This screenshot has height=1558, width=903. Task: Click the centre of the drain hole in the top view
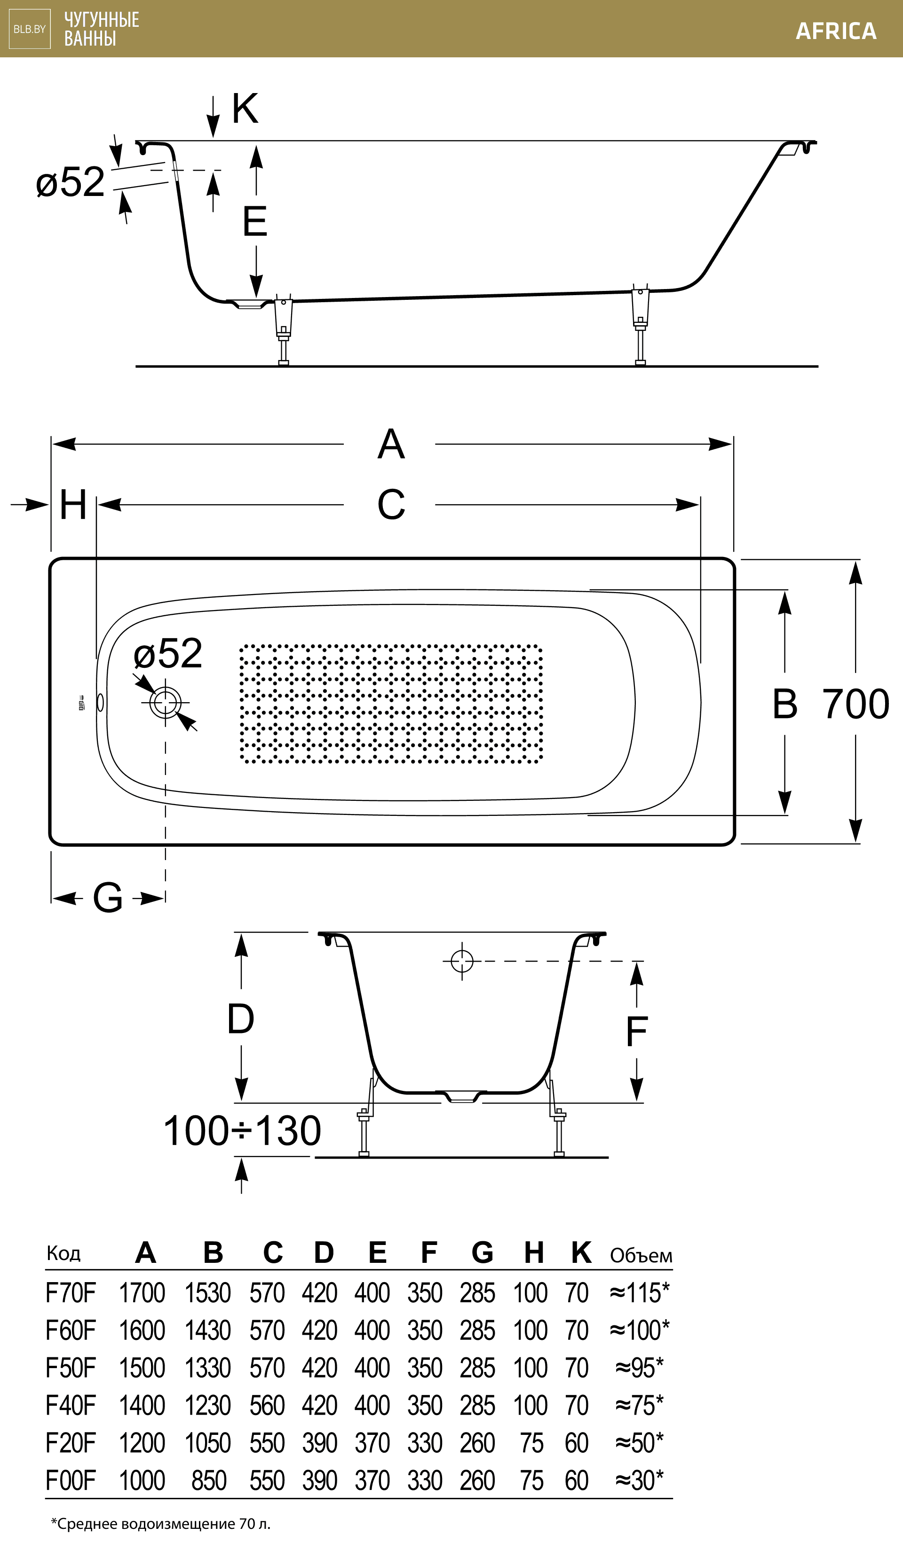pos(165,703)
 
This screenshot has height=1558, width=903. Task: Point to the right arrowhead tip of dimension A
pos(732,444)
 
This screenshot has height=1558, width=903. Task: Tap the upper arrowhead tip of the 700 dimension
pos(855,560)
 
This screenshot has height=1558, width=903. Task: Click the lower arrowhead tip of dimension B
pos(785,814)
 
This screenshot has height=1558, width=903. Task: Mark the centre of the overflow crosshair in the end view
pos(462,961)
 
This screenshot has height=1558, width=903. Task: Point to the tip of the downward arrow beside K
pos(213,137)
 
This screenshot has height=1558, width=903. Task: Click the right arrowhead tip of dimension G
pos(165,898)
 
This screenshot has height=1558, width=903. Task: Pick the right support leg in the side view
pos(640,324)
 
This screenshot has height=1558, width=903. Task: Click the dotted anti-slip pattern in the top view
pos(391,704)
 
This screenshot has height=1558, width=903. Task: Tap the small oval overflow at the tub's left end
pos(100,703)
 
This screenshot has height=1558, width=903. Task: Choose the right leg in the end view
pos(557,1115)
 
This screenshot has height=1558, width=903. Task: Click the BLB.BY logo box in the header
pos(30,29)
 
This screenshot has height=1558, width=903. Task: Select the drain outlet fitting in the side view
pos(249,304)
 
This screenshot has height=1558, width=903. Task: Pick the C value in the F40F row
pos(267,1405)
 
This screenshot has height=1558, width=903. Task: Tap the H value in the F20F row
pos(531,1443)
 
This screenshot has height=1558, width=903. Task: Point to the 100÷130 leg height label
pos(242,1131)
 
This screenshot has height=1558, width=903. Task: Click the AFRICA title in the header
pos(836,31)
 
